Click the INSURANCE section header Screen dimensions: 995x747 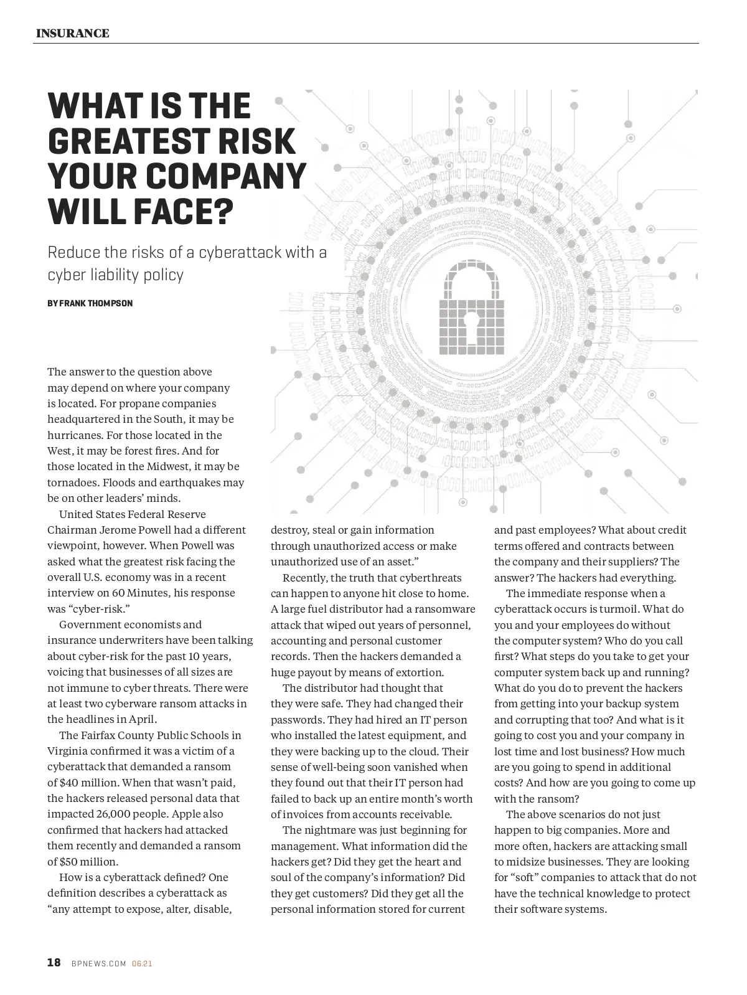coord(72,34)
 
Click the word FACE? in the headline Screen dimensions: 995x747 coord(181,212)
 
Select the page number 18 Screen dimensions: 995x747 coord(54,963)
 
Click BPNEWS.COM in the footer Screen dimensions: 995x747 coord(99,964)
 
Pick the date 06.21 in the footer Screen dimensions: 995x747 coord(142,964)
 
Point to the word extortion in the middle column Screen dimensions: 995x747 coord(418,672)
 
